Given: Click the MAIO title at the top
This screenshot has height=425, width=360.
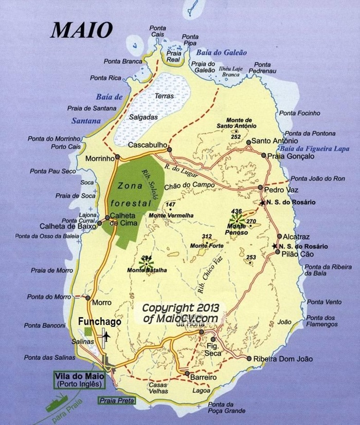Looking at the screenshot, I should click(x=81, y=30).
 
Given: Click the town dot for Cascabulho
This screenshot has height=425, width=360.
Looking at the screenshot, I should click(x=169, y=149).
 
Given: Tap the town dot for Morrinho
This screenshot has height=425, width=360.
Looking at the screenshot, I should click(x=118, y=156).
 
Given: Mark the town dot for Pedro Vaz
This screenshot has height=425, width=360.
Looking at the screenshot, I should click(x=261, y=188).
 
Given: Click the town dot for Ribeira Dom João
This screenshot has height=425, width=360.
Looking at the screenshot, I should click(x=249, y=358).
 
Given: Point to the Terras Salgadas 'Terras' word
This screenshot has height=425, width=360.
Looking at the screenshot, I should click(x=165, y=96).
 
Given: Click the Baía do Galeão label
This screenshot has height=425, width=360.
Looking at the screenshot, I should click(x=221, y=52).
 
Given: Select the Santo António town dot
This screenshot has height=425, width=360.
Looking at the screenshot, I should click(x=248, y=142).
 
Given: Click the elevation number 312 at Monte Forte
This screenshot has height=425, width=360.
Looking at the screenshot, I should click(x=207, y=236).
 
